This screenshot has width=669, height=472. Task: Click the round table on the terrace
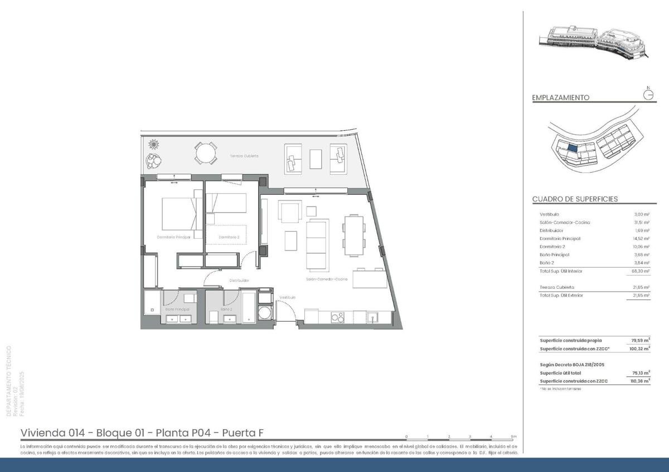pyautogui.click(x=206, y=153)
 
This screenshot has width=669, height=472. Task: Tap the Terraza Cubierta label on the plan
pyautogui.click(x=244, y=156)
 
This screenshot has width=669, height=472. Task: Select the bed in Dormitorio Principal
pyautogui.click(x=179, y=214)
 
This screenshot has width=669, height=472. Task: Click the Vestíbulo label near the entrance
pyautogui.click(x=288, y=298)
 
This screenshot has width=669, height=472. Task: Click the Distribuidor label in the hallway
pyautogui.click(x=239, y=281)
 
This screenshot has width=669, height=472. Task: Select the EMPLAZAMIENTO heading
pyautogui.click(x=560, y=97)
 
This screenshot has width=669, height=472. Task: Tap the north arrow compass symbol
pyautogui.click(x=648, y=94)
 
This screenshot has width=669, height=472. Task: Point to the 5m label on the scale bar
pyautogui.click(x=513, y=436)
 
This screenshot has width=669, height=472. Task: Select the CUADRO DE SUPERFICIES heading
pyautogui.click(x=575, y=199)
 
